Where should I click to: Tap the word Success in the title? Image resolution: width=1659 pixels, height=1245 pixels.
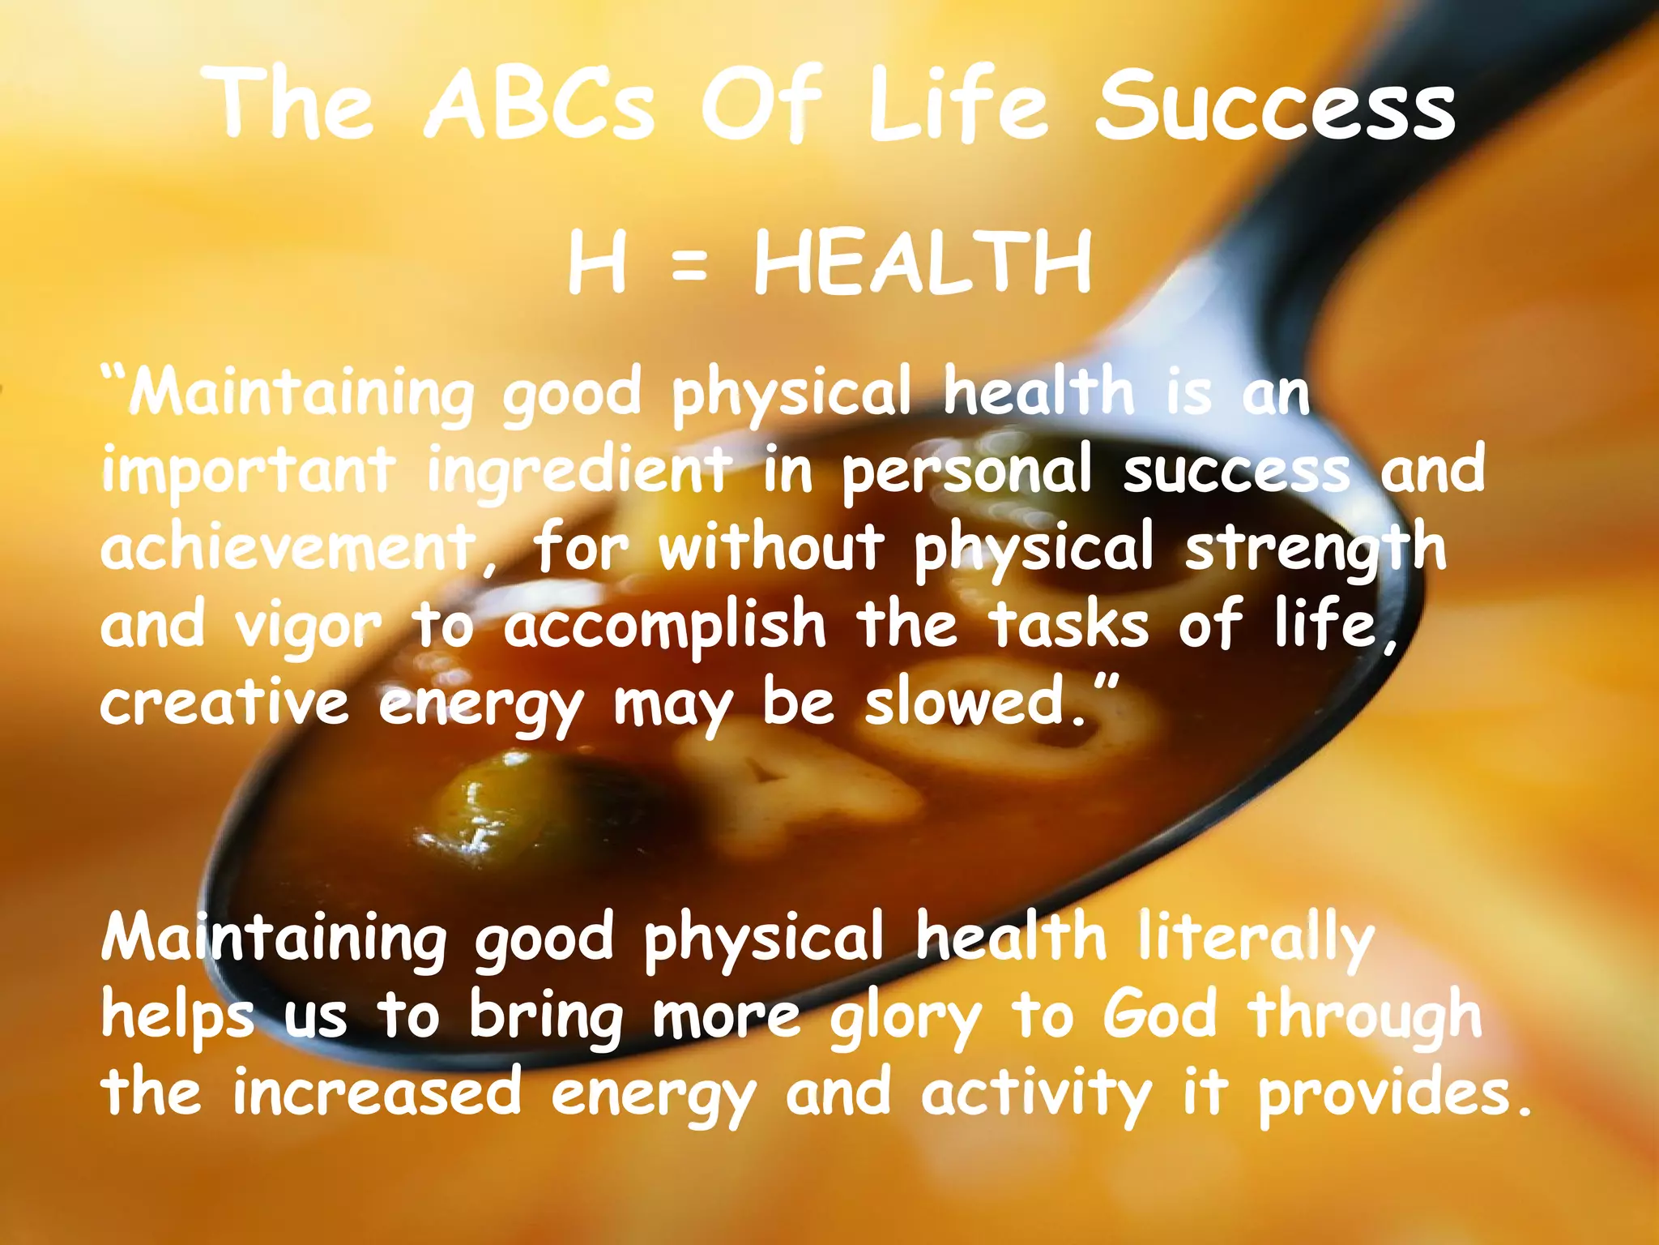click(x=1275, y=105)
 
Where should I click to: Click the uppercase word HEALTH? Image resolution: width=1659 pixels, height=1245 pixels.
click(x=923, y=263)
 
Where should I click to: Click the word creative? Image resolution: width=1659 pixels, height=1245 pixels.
click(x=224, y=702)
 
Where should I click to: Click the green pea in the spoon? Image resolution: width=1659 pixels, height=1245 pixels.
click(x=478, y=802)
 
